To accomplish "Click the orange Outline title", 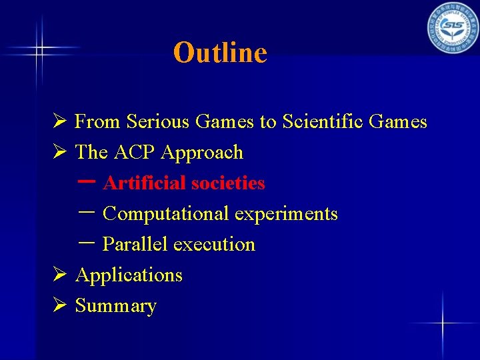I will (x=220, y=53).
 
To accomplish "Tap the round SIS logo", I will (x=453, y=27).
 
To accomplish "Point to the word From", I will (x=97, y=122).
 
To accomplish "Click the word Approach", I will (x=202, y=153).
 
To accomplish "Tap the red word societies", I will (x=228, y=183).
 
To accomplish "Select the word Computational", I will (x=166, y=214).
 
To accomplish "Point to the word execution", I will (x=214, y=245).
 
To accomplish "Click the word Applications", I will (x=129, y=275).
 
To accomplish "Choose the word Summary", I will (x=115, y=306).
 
